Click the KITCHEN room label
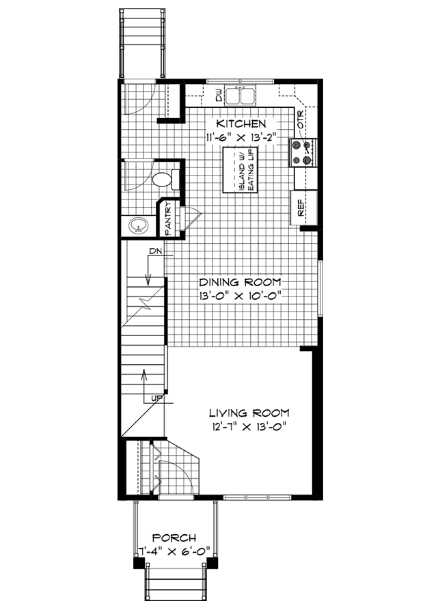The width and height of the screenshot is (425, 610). tap(241, 124)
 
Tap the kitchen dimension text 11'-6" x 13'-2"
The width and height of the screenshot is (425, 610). tap(241, 137)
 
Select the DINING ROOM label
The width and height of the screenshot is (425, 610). tap(240, 282)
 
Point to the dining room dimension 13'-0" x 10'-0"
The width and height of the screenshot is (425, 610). tap(240, 296)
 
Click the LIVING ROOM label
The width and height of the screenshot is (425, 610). tap(249, 413)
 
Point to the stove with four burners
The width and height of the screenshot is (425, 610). tap(303, 152)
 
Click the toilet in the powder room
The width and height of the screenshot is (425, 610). tap(162, 180)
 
